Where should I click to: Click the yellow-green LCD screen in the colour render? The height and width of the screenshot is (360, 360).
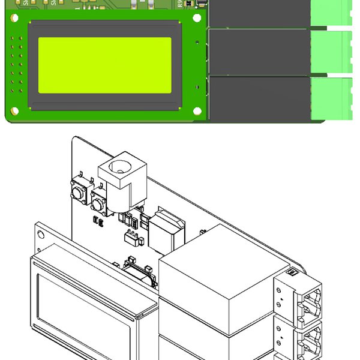pos(105,65)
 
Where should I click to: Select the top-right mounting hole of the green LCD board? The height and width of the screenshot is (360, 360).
pos(197,18)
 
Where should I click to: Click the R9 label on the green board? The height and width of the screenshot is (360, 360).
pos(180,4)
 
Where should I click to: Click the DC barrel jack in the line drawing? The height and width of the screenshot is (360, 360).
pos(120,180)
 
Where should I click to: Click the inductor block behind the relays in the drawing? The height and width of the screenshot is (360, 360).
pos(166,231)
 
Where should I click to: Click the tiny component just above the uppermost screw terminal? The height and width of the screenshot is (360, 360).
pos(292,274)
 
